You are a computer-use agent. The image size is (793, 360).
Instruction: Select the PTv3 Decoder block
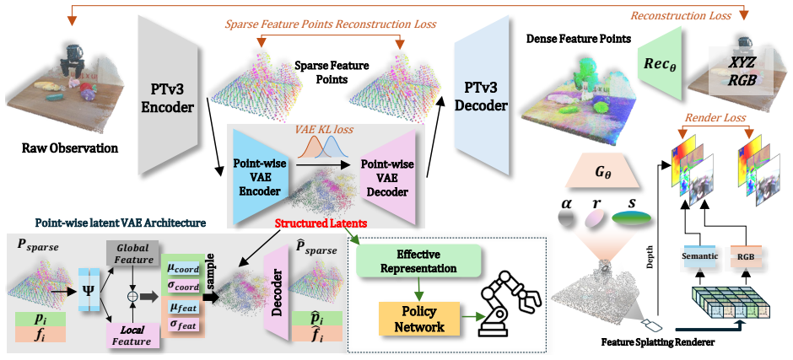[482, 96]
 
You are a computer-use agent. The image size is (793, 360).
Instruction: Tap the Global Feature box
[133, 253]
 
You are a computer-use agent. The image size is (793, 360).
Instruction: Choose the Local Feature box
[133, 336]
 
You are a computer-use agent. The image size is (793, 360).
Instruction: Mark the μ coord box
[183, 269]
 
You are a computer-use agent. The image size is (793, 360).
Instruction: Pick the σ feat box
[183, 325]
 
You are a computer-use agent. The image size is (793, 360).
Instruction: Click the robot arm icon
[509, 303]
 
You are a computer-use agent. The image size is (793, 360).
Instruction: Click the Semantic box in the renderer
[699, 255]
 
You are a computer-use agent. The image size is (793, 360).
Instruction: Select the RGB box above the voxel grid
[746, 255]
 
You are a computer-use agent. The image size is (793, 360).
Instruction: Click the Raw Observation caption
[70, 148]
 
